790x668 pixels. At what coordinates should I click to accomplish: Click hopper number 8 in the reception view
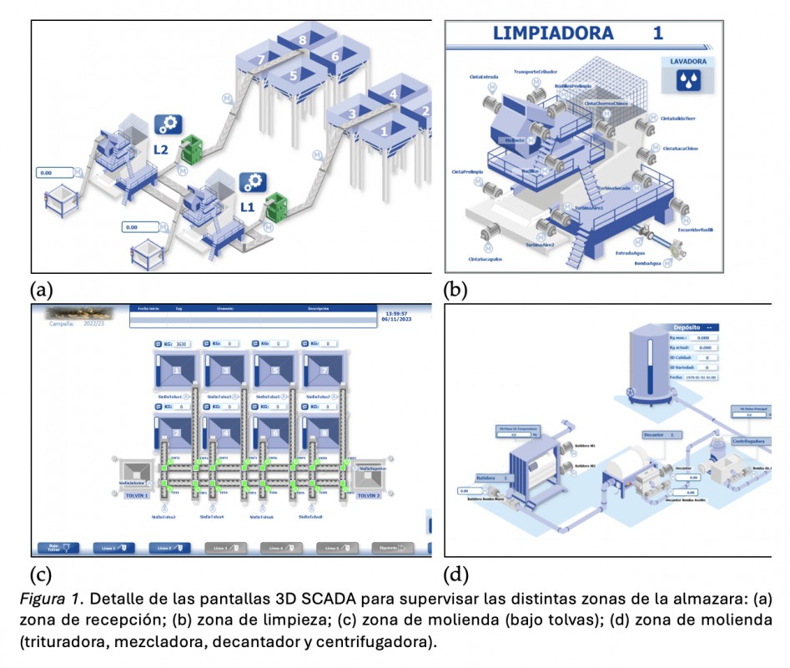click(x=303, y=39)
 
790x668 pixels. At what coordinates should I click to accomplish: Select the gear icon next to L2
click(x=167, y=125)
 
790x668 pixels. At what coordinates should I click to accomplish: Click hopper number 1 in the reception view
click(x=385, y=130)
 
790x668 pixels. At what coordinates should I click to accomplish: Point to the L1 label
click(x=247, y=205)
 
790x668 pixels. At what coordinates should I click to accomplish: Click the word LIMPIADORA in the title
click(x=553, y=33)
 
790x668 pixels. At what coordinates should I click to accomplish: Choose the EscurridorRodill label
click(x=695, y=229)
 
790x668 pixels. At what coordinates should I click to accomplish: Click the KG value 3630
click(x=182, y=343)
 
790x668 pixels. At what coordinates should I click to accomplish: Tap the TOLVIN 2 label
click(x=369, y=494)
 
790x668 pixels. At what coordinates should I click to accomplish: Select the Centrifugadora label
click(x=751, y=440)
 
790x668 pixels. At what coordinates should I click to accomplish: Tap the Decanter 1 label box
click(x=663, y=434)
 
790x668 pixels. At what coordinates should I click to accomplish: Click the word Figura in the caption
click(x=51, y=600)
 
